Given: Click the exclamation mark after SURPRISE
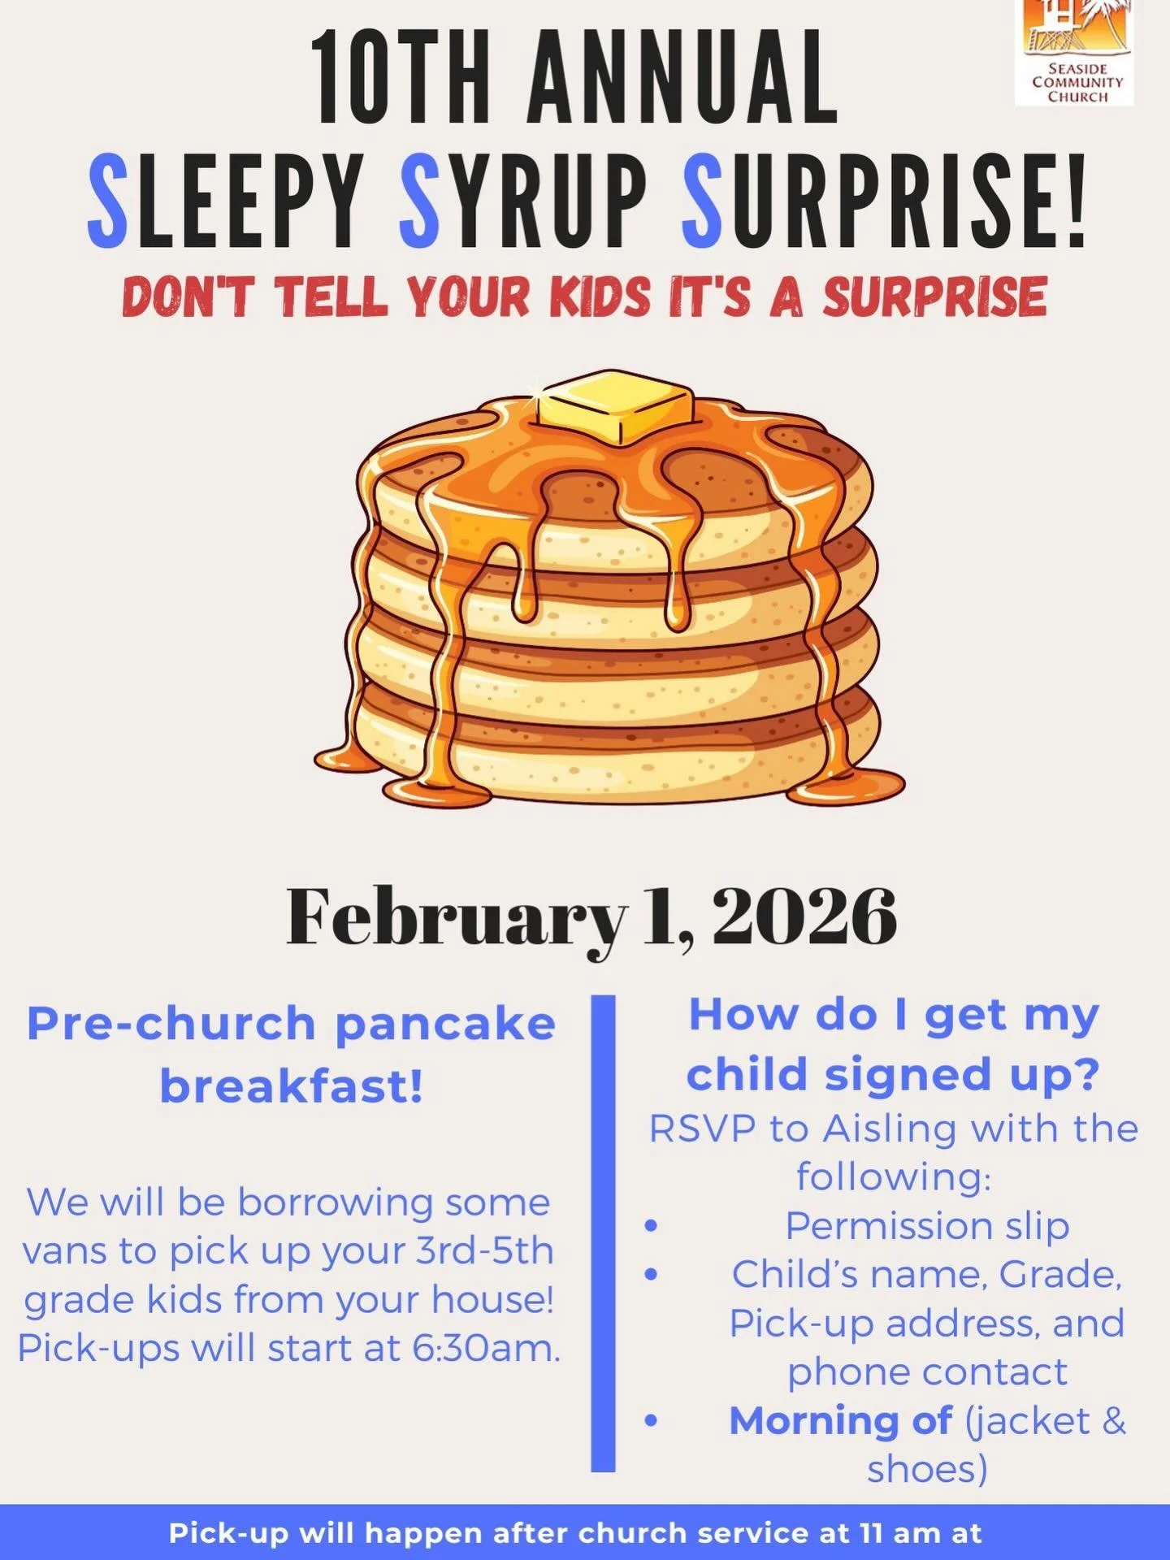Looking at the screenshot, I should click(1074, 200).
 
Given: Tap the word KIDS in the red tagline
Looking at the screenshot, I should click(601, 297).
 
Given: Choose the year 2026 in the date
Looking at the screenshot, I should click(804, 916).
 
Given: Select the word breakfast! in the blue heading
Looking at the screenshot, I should click(292, 1086).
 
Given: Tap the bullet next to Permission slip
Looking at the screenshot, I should click(651, 1225).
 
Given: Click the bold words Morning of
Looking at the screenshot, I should click(840, 1421).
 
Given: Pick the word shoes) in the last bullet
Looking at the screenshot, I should click(927, 1469).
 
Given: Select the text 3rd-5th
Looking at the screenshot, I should click(484, 1251).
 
